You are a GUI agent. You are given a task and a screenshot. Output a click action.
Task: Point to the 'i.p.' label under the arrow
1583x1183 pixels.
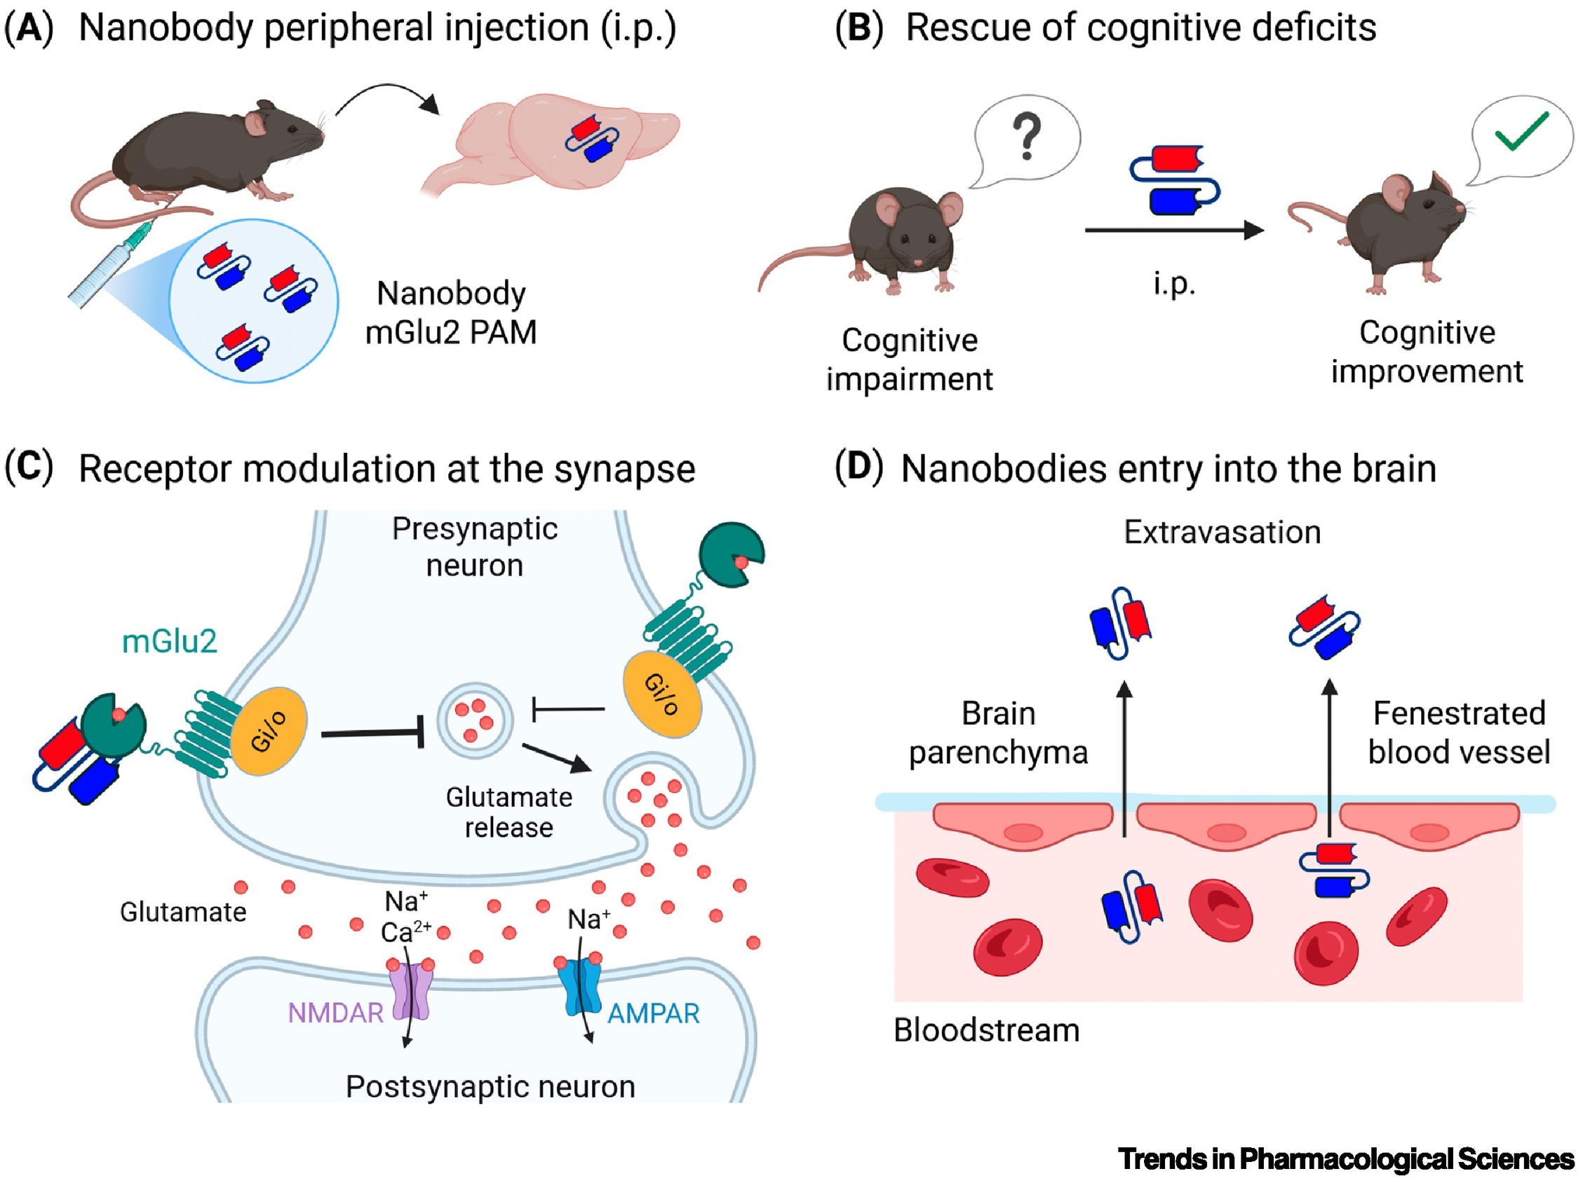point(1174,283)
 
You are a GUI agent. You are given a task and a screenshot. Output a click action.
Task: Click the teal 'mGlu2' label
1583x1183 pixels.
point(169,641)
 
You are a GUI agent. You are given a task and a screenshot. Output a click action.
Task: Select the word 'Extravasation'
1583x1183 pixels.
point(1222,532)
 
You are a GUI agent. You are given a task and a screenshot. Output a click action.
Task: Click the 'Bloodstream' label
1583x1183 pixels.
point(986,1031)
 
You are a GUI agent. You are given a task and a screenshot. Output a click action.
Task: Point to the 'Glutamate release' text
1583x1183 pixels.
point(508,812)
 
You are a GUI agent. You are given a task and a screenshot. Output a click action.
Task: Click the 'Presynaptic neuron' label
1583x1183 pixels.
point(474,547)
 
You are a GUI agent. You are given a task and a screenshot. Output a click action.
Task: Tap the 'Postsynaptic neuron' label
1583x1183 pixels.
point(490,1086)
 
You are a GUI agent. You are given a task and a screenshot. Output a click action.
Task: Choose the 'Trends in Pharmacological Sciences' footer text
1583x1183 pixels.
point(1345,1158)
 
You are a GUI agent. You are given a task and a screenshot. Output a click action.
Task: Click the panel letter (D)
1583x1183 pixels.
point(858,467)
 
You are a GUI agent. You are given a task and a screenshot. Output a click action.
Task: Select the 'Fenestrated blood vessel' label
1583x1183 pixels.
point(1458,733)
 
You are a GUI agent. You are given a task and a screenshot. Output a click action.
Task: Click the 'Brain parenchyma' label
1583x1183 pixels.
point(998,733)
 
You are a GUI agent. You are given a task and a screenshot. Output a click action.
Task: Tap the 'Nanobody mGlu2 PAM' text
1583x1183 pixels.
point(451,313)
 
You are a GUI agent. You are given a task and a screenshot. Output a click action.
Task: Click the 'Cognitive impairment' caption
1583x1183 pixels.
point(910,359)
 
